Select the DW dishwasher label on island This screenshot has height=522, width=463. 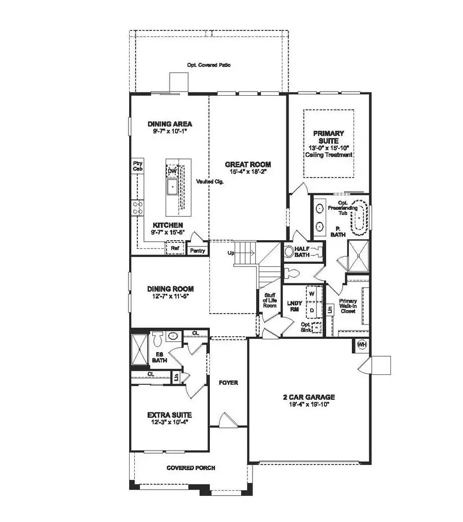click(x=172, y=172)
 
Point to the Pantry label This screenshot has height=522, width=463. click(x=198, y=250)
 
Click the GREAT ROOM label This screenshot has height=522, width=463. click(x=247, y=165)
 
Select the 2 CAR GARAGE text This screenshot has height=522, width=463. click(x=309, y=397)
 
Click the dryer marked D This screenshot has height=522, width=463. click(x=311, y=311)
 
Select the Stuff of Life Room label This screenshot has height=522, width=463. click(x=270, y=300)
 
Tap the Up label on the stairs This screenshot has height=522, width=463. click(x=231, y=253)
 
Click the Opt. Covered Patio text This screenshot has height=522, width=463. click(x=208, y=65)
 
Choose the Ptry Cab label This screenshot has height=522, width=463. click(x=137, y=165)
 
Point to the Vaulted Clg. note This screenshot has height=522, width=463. click(x=209, y=182)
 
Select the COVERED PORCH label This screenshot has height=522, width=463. click(x=190, y=468)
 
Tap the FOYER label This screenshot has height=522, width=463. click(x=228, y=383)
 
